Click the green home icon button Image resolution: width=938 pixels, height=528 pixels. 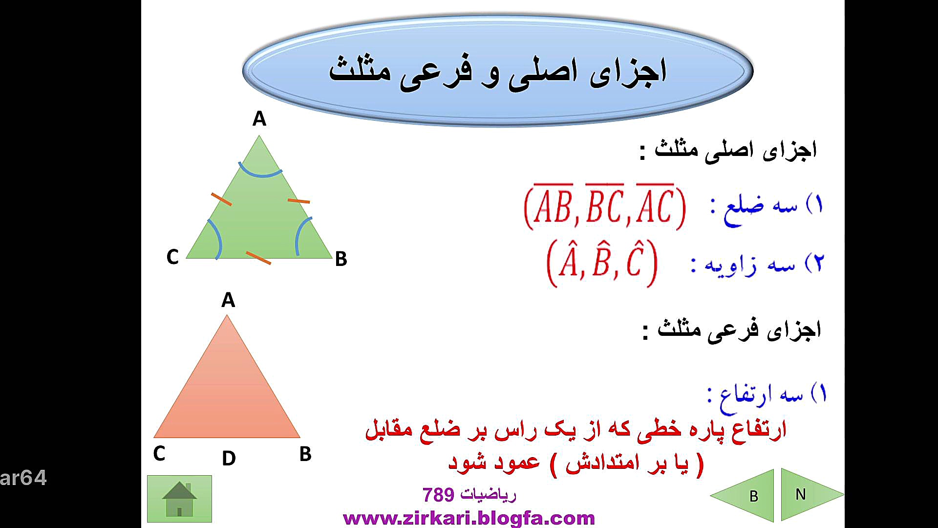(x=179, y=499)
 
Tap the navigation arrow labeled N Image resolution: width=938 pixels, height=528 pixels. (x=811, y=494)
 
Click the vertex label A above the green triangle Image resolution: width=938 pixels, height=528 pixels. (x=259, y=119)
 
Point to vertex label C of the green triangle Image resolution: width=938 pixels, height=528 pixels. (x=172, y=257)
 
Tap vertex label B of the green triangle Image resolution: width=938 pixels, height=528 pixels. (x=341, y=259)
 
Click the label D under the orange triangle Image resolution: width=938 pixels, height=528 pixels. (x=229, y=459)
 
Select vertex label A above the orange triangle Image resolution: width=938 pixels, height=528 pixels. (x=228, y=300)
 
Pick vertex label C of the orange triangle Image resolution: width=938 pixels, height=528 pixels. (x=159, y=454)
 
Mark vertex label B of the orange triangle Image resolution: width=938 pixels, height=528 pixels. (x=305, y=454)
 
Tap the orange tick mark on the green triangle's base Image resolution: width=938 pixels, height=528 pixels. (x=258, y=258)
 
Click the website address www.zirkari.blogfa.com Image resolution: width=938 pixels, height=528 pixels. (x=469, y=518)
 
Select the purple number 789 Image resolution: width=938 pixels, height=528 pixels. (x=438, y=495)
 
